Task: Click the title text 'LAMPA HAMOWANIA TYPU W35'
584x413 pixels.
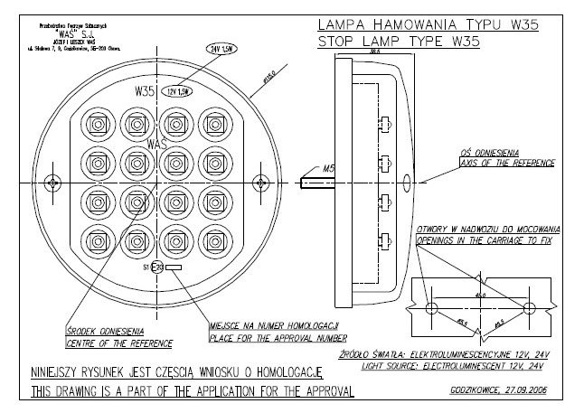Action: click(x=428, y=24)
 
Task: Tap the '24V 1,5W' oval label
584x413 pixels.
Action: click(x=221, y=49)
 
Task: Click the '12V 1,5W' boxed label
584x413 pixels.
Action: click(x=180, y=91)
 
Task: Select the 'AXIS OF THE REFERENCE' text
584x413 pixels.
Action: click(x=500, y=164)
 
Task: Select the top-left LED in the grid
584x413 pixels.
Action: click(x=97, y=123)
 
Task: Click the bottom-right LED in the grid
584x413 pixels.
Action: click(x=216, y=241)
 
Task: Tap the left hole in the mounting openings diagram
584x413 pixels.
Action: click(x=429, y=308)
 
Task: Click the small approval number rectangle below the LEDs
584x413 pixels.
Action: click(x=175, y=268)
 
